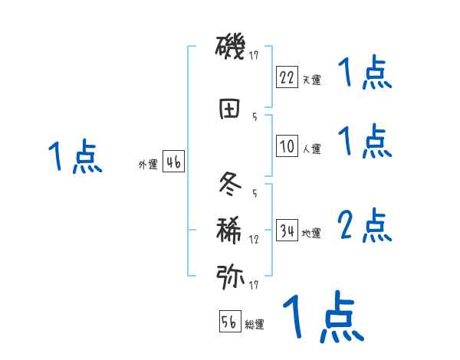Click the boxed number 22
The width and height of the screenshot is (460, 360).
click(287, 77)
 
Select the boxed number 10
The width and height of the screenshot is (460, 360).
click(287, 146)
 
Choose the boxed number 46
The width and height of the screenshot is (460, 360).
click(172, 162)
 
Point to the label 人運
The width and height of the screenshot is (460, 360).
click(311, 149)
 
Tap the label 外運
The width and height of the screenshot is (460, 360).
click(147, 164)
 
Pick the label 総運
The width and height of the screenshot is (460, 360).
click(255, 325)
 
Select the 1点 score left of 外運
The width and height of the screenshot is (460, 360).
click(74, 157)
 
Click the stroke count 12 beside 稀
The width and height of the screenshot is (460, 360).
click(254, 240)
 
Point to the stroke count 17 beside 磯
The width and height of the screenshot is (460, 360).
click(255, 55)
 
